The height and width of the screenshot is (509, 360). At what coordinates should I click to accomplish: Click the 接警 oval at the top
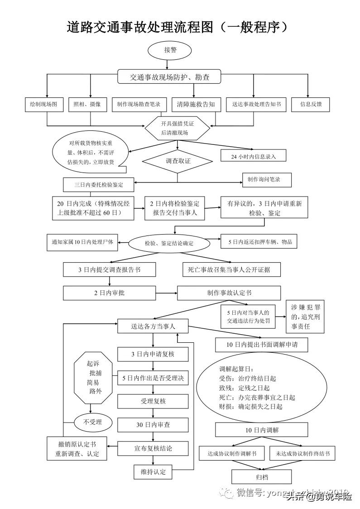point(170,50)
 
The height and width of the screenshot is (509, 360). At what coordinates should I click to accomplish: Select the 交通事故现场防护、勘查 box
point(169,77)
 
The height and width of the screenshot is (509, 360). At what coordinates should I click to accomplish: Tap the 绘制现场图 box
point(43,104)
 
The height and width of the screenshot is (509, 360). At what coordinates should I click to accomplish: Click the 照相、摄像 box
point(87,104)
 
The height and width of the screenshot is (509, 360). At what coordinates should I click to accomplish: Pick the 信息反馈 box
point(310,104)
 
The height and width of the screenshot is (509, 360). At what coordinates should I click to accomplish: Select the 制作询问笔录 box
point(266,180)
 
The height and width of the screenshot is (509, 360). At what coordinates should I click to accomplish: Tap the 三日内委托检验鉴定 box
point(98,185)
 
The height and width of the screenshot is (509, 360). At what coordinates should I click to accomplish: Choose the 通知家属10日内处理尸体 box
point(82,242)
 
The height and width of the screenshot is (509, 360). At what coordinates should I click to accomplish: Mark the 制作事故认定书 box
point(222,293)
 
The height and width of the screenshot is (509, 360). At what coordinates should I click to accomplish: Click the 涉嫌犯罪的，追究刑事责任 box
point(305,317)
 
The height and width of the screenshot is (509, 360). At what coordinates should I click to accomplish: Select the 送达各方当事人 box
point(153,326)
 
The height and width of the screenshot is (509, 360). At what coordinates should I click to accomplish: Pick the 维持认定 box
point(153,472)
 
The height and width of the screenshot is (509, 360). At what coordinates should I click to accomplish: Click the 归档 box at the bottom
point(261,476)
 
